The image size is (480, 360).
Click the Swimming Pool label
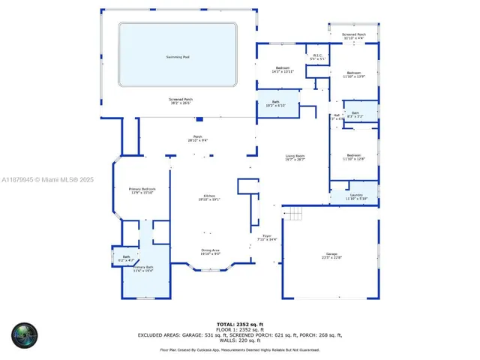pyautogui.click(x=178, y=58)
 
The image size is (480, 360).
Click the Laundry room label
pyautogui.click(x=356, y=196)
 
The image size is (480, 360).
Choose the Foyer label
pyautogui.click(x=266, y=238)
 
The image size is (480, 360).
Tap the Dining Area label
pyautogui.click(x=210, y=252)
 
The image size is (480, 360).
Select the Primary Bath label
pyautogui.click(x=142, y=268)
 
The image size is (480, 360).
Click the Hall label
pyautogui.click(x=337, y=116)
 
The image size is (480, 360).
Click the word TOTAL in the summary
pyautogui.click(x=227, y=322)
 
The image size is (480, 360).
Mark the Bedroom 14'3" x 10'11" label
pyautogui.click(x=283, y=69)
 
